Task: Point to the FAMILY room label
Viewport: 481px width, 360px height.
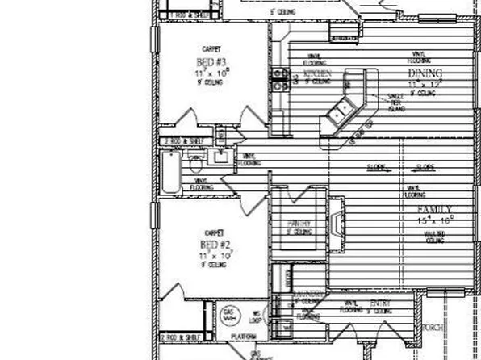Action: tap(418, 208)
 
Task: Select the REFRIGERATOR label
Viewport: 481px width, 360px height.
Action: tap(342, 38)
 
